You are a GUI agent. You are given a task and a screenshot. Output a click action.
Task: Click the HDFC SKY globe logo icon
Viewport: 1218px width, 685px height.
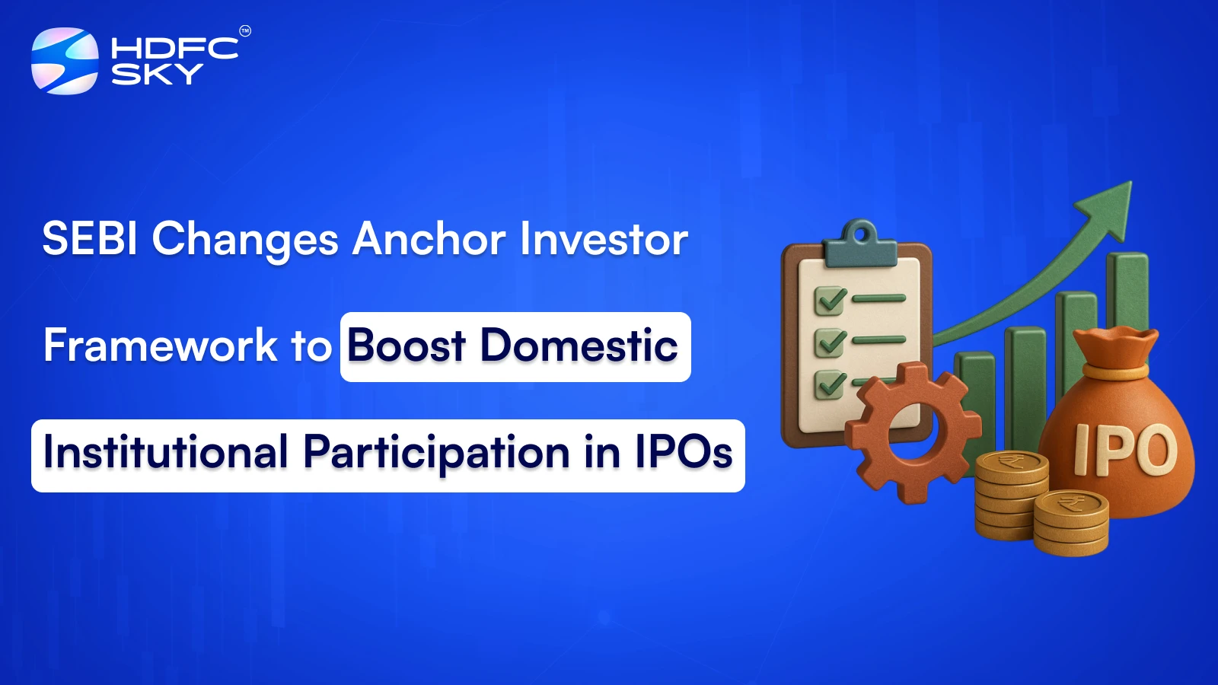tap(65, 61)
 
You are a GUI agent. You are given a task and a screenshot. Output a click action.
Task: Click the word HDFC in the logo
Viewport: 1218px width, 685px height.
tap(174, 49)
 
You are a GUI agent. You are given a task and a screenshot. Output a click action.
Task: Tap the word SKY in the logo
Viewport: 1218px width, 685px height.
tap(158, 74)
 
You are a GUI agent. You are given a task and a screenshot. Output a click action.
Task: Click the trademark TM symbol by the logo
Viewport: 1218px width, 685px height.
tap(245, 31)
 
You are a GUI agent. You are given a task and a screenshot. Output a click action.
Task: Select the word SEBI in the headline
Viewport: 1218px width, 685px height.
tap(90, 239)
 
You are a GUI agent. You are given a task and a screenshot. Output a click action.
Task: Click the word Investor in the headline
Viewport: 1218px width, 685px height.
tap(604, 239)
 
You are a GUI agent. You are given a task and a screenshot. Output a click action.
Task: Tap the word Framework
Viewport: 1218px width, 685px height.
tap(161, 346)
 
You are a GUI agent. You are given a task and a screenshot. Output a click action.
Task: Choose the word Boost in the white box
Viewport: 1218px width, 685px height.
tap(407, 346)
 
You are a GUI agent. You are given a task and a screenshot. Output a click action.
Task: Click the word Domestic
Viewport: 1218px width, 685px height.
tap(579, 346)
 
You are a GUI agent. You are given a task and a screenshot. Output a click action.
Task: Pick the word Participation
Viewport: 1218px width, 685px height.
tap(436, 452)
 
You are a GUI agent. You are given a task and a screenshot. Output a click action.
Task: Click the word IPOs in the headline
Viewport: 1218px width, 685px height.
tap(683, 452)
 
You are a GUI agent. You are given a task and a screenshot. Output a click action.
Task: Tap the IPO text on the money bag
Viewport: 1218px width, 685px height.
tap(1125, 449)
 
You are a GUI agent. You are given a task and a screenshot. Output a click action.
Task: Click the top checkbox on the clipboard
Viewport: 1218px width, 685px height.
tap(830, 300)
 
